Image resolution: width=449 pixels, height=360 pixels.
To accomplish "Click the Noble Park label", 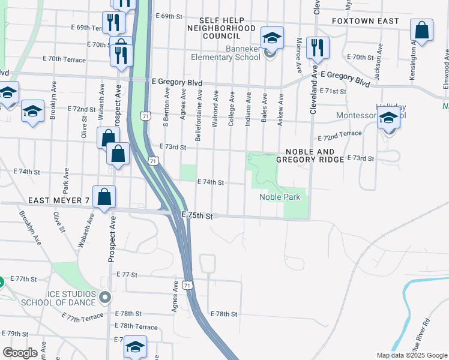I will coord(279,197).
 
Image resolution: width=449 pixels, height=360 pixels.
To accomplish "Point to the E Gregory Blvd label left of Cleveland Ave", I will coord(177,82).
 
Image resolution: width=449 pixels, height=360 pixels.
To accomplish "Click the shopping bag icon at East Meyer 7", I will coord(104,197).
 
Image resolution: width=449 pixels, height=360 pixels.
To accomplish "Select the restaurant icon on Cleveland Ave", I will coord(317,47).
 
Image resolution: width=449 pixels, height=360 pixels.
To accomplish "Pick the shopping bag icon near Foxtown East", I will coord(422,31).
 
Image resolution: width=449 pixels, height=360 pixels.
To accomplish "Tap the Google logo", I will coord(20,352).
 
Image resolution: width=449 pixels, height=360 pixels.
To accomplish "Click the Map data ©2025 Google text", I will coord(411,355).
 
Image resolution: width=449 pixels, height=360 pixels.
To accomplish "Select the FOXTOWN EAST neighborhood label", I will coord(366,21).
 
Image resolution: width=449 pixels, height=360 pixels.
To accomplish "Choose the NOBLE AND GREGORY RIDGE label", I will coord(310,155).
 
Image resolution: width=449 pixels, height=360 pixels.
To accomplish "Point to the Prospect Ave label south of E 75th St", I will coord(111,241).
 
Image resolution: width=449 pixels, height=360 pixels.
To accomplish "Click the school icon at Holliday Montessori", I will coord(388,118).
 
